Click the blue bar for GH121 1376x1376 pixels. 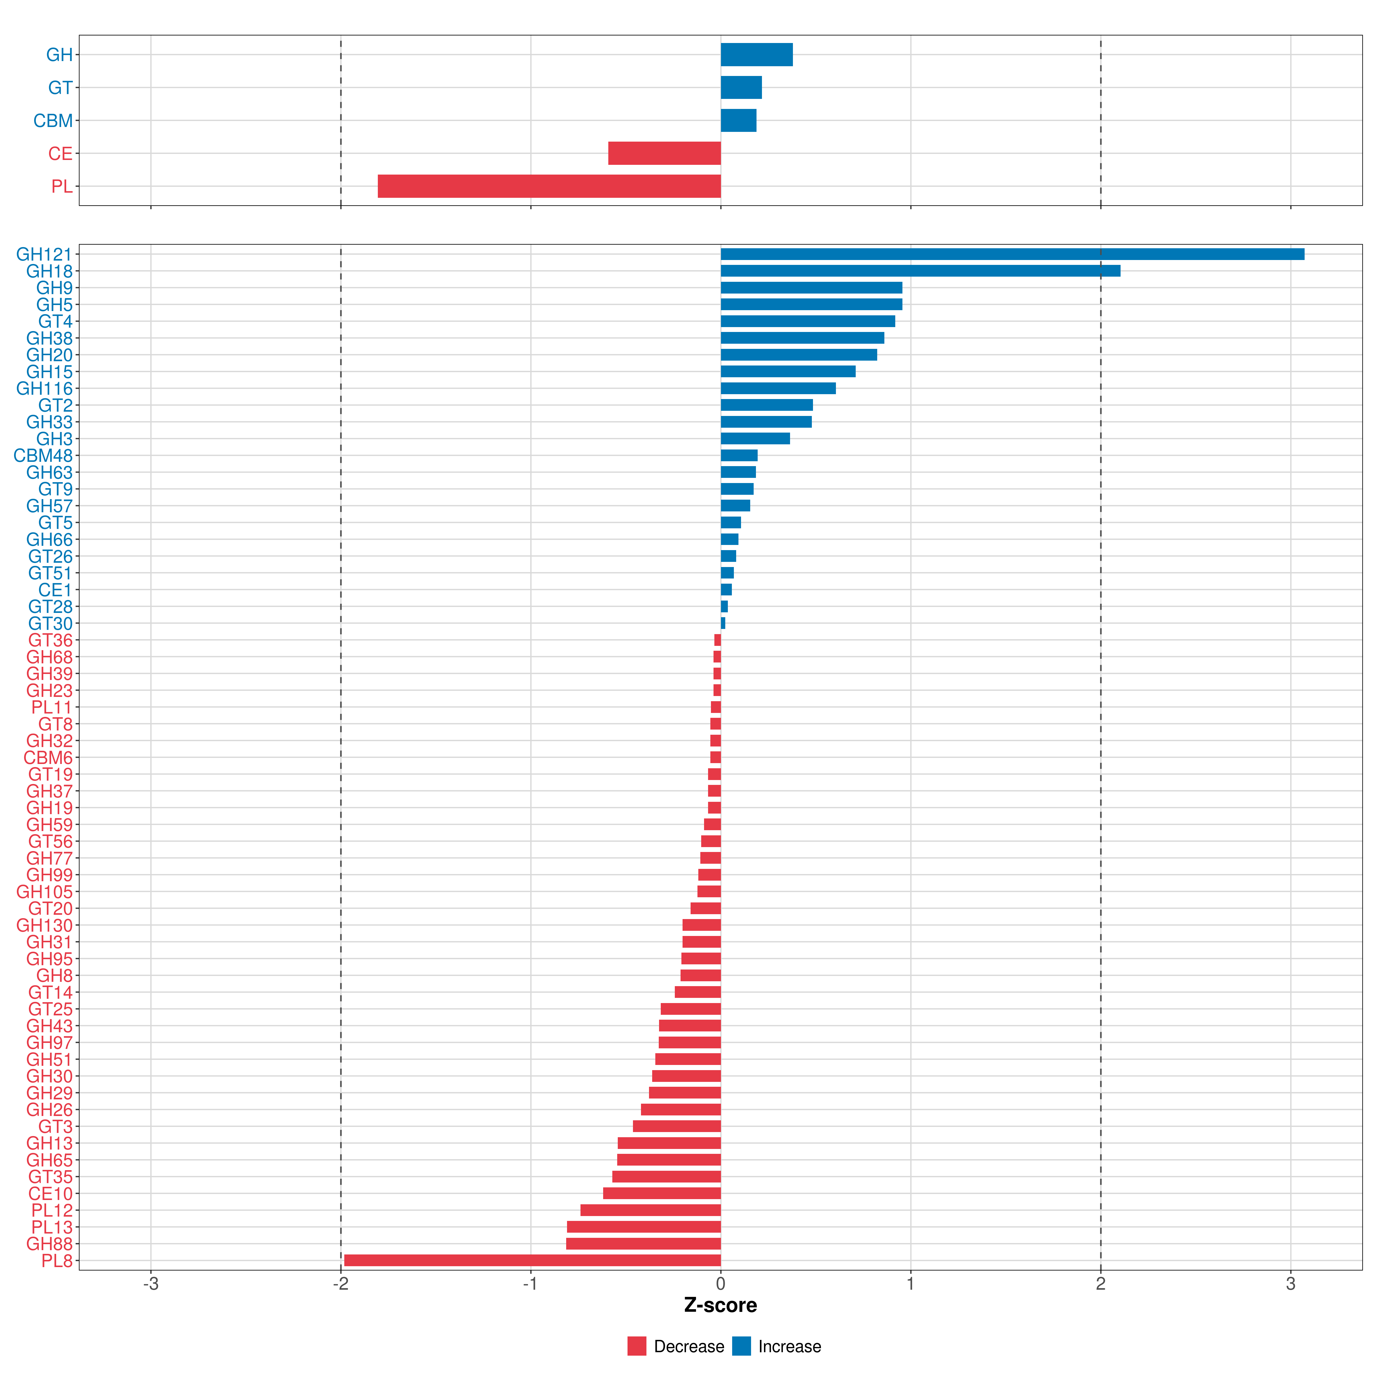point(1011,254)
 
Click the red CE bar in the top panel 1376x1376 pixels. point(664,153)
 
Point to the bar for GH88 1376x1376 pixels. point(643,1244)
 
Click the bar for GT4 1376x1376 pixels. point(808,321)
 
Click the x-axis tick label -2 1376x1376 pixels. point(341,1284)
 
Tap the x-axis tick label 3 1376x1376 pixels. point(1291,1284)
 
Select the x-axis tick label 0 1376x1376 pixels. point(721,1284)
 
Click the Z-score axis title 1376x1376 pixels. point(720,1305)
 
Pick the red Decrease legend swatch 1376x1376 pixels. point(637,1346)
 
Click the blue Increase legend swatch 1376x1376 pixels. point(741,1346)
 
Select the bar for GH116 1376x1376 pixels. point(778,388)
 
